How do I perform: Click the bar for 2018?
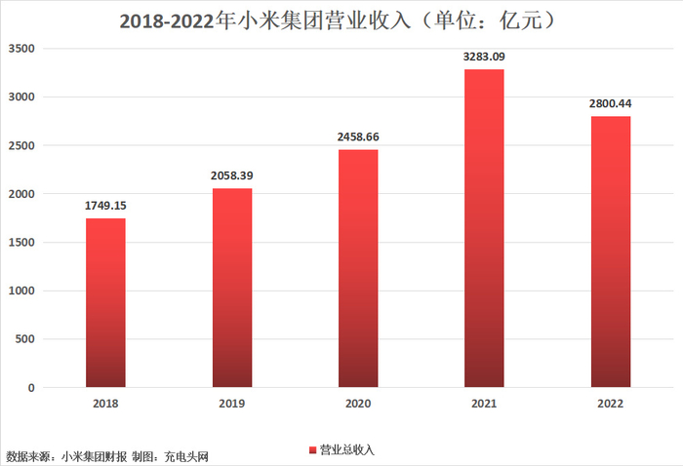pos(105,302)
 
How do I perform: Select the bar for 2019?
pos(232,288)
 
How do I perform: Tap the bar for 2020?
pos(358,268)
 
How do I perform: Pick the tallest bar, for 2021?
pos(484,228)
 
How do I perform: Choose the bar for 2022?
pos(610,252)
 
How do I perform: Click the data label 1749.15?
pos(105,206)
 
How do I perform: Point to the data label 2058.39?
pos(232,175)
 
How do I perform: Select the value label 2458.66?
pos(358,136)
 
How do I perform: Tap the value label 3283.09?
pos(484,57)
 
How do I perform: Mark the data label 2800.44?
pos(610,103)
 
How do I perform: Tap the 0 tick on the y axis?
pos(31,388)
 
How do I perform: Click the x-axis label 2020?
pos(358,404)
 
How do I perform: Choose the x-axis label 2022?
pos(610,404)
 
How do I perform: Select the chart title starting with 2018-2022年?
pos(341,20)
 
